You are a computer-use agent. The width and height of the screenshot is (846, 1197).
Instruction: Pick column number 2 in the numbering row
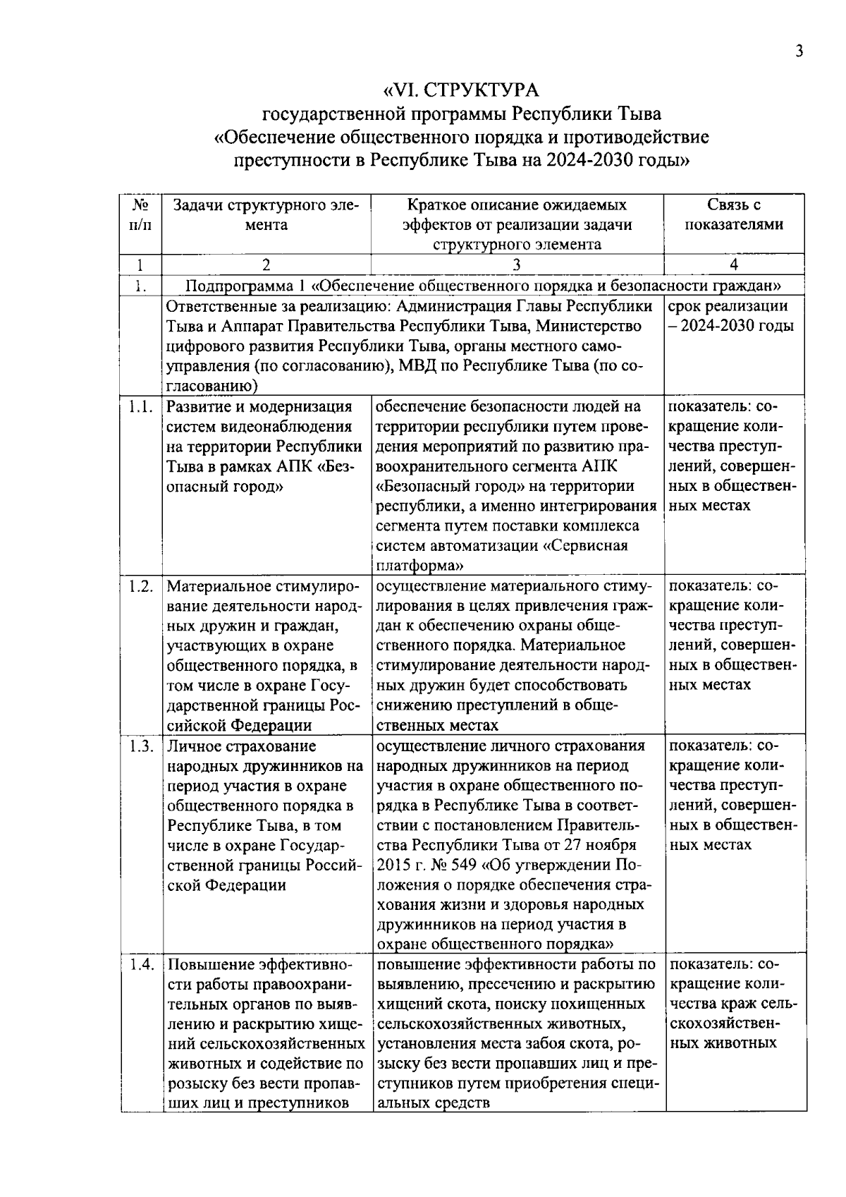266,265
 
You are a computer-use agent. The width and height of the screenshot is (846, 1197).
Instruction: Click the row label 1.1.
140,408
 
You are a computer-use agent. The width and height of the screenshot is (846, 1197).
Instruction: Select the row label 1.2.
140,587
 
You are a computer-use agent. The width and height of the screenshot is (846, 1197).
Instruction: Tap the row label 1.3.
140,747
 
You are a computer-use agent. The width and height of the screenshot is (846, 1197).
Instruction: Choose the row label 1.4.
140,965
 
